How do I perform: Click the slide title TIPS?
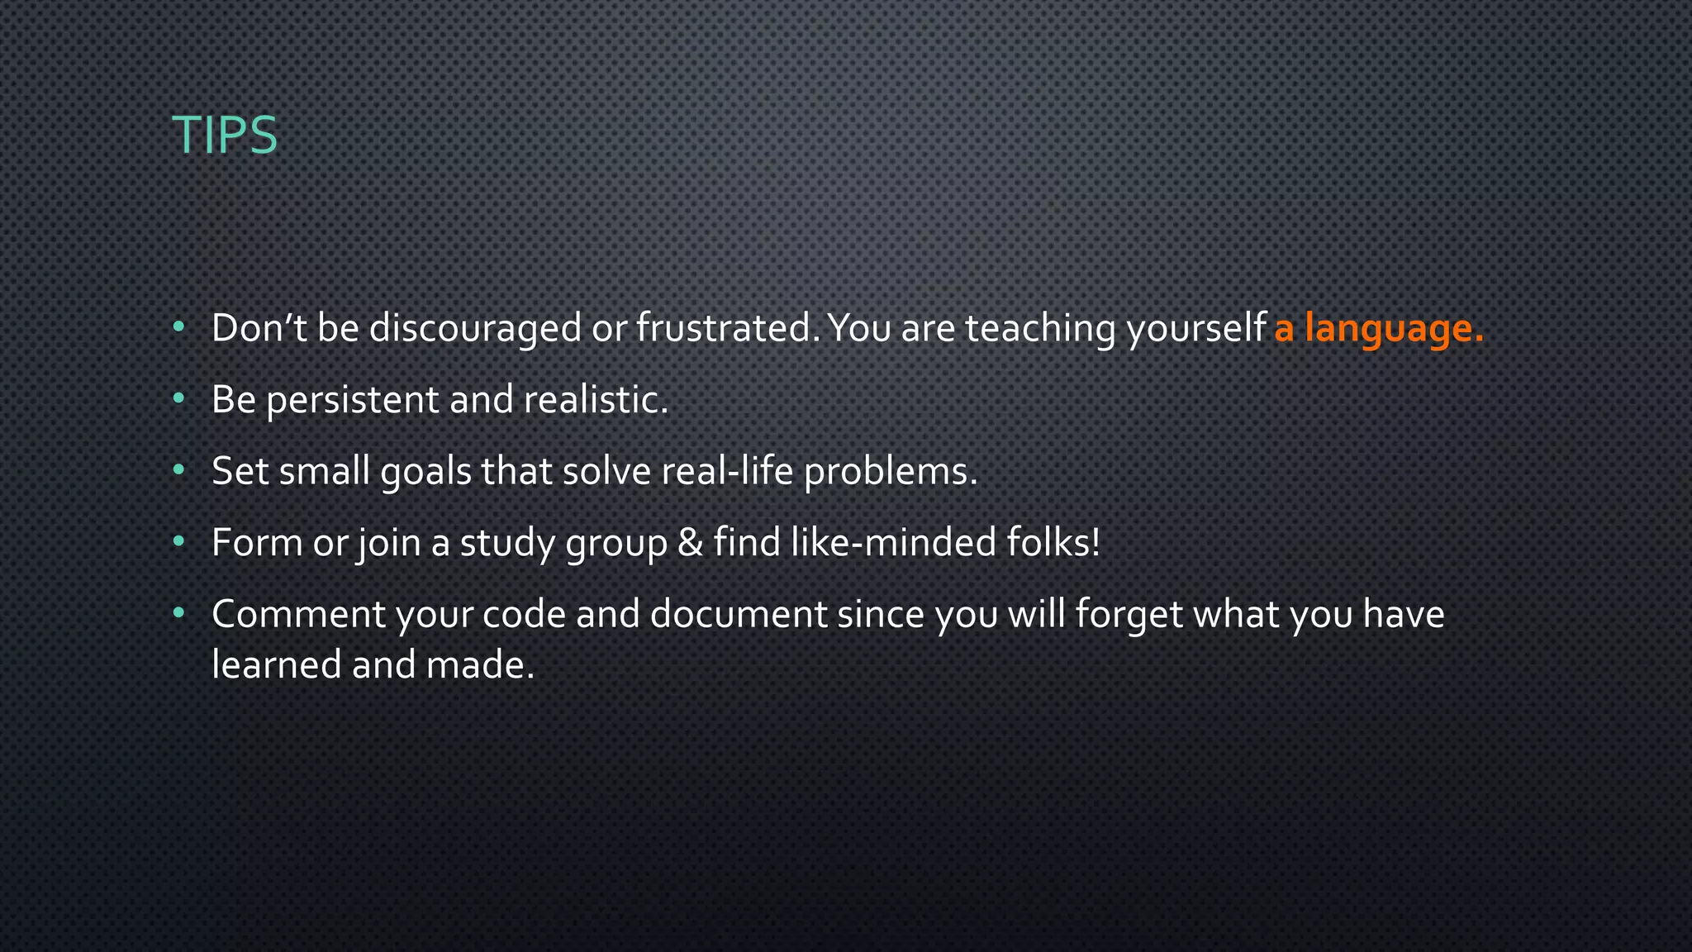click(x=224, y=135)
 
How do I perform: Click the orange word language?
click(x=1394, y=329)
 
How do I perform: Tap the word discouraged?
click(x=474, y=329)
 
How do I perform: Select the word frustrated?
click(x=727, y=329)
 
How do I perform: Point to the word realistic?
click(x=595, y=400)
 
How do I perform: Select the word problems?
click(x=890, y=471)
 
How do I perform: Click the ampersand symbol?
click(x=689, y=543)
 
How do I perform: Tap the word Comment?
click(x=298, y=615)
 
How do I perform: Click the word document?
click(x=738, y=615)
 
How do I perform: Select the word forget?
click(x=1129, y=615)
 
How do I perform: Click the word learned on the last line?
click(x=276, y=664)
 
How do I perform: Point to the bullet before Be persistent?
click(x=178, y=399)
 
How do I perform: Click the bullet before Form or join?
click(x=178, y=542)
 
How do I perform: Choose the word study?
click(x=507, y=544)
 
